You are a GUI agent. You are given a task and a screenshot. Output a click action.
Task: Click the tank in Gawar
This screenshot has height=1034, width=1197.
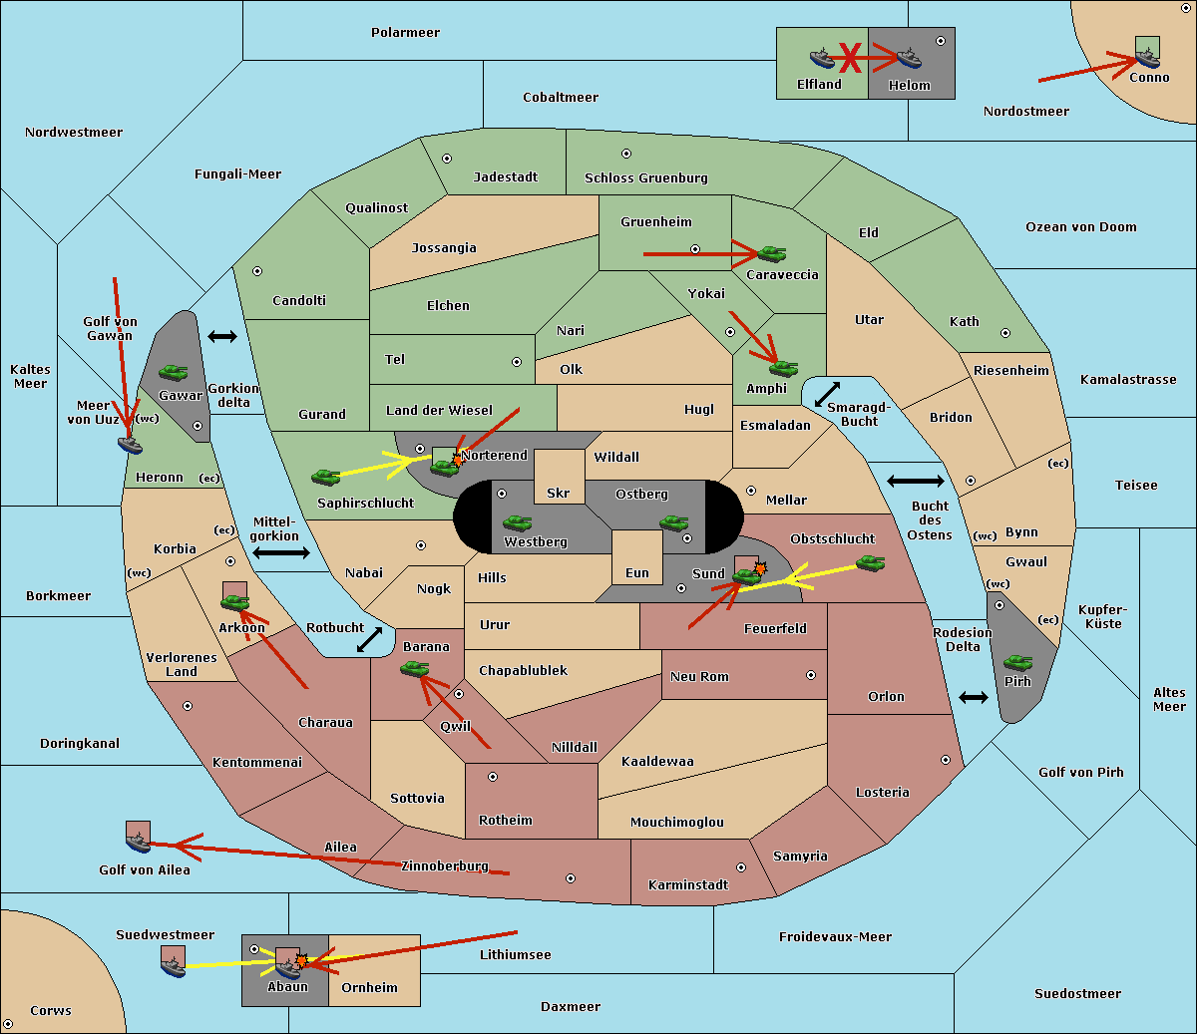(174, 372)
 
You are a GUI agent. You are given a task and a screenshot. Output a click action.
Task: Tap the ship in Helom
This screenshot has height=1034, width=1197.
(909, 58)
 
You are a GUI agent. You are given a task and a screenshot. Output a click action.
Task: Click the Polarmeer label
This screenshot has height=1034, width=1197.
(405, 33)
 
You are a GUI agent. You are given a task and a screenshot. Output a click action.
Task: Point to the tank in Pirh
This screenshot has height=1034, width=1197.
(1017, 662)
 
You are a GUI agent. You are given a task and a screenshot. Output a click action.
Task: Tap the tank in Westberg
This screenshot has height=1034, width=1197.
(517, 522)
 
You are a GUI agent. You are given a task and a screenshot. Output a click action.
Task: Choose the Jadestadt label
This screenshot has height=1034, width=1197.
(506, 177)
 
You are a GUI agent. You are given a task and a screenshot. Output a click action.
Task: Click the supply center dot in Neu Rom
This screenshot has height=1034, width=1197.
(811, 675)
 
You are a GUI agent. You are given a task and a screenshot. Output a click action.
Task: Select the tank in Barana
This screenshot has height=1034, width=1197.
(415, 669)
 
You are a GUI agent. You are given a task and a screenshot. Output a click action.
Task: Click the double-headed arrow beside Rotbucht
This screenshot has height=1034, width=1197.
(369, 639)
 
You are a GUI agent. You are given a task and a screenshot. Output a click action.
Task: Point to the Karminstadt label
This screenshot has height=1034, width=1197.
(688, 884)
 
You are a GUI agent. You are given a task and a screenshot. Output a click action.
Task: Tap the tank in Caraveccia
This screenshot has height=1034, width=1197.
(772, 253)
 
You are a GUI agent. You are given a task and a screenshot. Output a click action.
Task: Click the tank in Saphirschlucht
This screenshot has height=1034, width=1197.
(325, 477)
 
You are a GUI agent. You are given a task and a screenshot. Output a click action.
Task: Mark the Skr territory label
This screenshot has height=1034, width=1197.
(559, 493)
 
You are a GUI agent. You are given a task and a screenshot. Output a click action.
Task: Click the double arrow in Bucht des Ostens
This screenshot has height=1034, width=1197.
(916, 481)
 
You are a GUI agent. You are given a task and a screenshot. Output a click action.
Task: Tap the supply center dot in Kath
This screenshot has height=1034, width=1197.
(1005, 333)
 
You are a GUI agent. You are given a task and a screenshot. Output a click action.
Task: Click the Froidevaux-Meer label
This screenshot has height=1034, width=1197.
(835, 936)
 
